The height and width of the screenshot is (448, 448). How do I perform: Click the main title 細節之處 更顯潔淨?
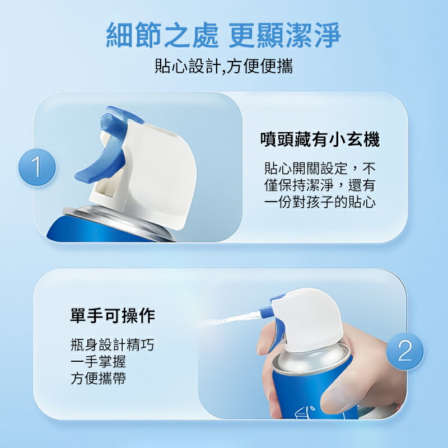click(223, 35)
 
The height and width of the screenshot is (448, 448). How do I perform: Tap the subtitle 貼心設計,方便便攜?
click(223, 67)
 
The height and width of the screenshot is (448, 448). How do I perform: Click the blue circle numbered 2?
click(405, 351)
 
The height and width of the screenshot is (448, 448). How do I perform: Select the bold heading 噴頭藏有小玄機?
click(320, 139)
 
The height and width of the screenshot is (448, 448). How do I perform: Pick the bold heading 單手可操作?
click(112, 316)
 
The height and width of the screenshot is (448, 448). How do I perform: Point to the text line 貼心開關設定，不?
click(320, 168)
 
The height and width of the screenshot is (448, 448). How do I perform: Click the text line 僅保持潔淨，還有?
click(320, 185)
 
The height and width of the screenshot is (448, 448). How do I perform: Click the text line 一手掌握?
click(98, 362)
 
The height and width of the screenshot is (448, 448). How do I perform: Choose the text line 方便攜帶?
click(98, 379)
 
